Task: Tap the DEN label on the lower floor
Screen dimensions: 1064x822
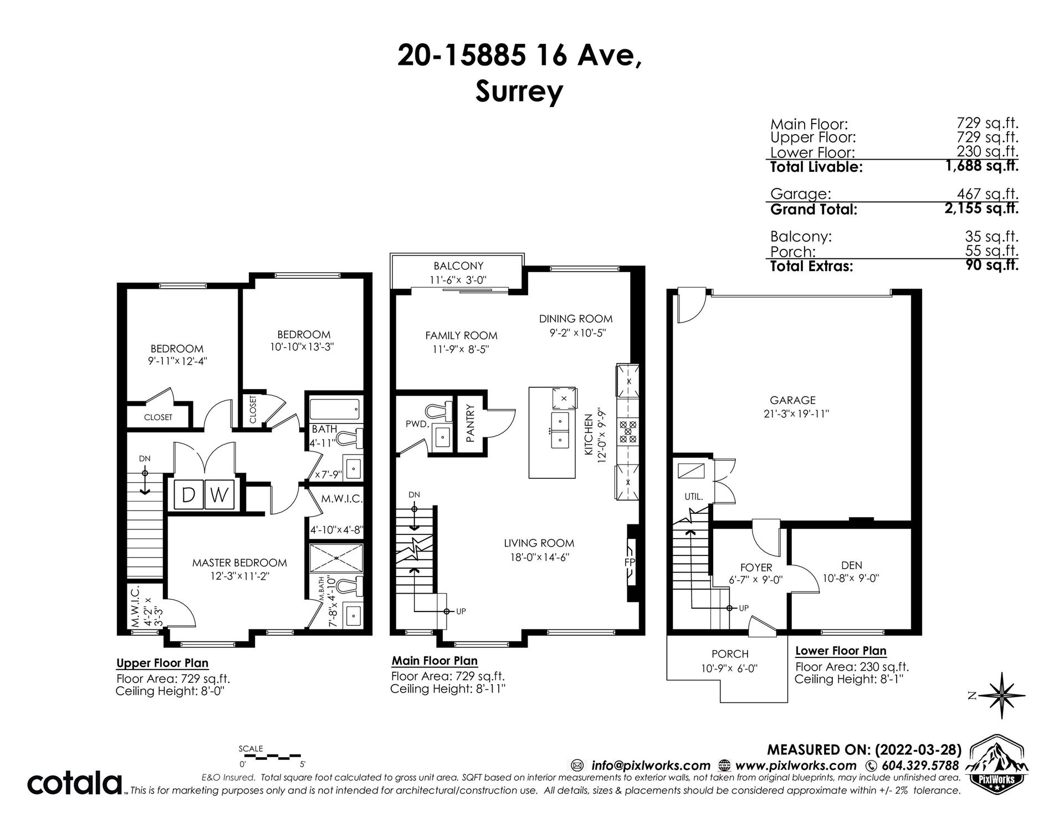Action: pyautogui.click(x=851, y=565)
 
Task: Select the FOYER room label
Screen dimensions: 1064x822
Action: pyautogui.click(x=756, y=568)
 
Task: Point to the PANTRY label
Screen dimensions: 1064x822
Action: pyautogui.click(x=470, y=423)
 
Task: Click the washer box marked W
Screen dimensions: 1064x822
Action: pyautogui.click(x=220, y=494)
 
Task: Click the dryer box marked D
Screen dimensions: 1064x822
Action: pyautogui.click(x=189, y=494)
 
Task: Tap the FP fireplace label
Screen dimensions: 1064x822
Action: pyautogui.click(x=630, y=562)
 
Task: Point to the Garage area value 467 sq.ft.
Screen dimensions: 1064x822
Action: pyautogui.click(x=988, y=194)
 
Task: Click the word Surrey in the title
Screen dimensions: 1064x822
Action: pyautogui.click(x=519, y=92)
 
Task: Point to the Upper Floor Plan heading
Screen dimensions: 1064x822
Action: pyautogui.click(x=162, y=663)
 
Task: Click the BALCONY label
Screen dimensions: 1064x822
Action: pyautogui.click(x=458, y=266)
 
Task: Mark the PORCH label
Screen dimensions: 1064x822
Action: pyautogui.click(x=730, y=654)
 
